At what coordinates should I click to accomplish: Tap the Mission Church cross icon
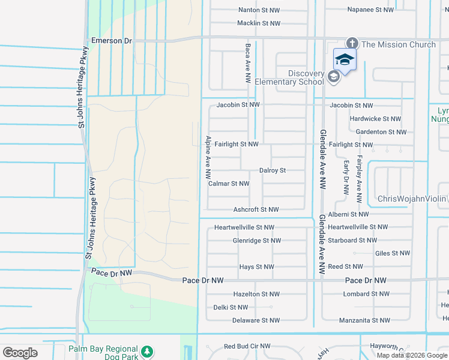352,44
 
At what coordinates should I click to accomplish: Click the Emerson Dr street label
111,40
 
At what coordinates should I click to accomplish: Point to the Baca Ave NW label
247,62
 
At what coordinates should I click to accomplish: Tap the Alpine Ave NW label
208,158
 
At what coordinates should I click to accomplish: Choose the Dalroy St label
273,170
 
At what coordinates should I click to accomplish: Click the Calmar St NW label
229,184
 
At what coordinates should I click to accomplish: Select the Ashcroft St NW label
256,209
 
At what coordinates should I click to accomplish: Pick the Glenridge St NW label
256,241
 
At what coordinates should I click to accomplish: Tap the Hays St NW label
256,267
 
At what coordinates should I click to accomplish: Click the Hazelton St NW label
256,294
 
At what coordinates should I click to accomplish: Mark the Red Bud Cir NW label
247,346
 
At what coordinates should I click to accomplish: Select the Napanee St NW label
370,10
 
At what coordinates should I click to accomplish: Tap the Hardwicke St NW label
375,119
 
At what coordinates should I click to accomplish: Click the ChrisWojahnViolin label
412,199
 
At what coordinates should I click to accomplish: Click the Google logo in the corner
20,352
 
